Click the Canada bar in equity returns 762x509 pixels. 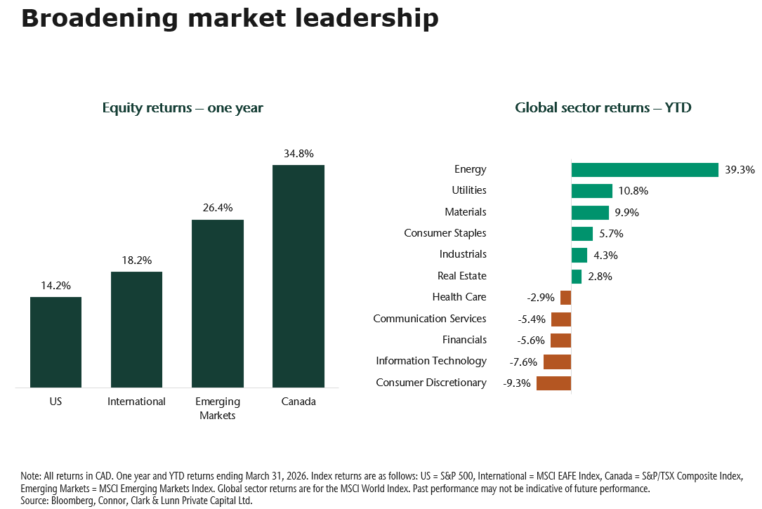pos(298,276)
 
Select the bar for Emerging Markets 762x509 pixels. pos(218,303)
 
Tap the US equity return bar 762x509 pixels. pos(55,342)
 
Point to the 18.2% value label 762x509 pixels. pos(136,260)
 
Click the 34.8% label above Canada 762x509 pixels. pos(298,153)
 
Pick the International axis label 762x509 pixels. pos(136,402)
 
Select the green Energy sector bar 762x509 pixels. pos(645,170)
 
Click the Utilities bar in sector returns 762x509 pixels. pos(592,191)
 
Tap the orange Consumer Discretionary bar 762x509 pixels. pos(553,383)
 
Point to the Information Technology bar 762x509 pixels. pos(557,362)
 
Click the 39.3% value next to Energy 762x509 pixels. pos(740,170)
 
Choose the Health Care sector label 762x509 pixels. pos(459,297)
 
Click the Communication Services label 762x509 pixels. pos(429,319)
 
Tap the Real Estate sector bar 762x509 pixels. pos(577,277)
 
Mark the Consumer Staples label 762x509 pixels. pos(445,233)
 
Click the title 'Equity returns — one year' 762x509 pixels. pos(183,108)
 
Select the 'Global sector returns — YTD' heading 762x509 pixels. pos(603,108)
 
